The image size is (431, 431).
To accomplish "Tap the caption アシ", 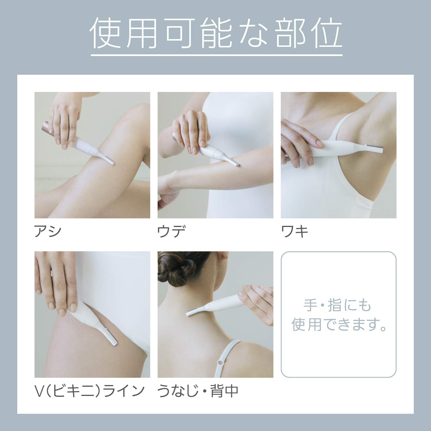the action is tap(48, 231).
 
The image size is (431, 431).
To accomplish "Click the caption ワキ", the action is tap(295, 231).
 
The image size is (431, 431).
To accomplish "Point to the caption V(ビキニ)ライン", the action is tap(89, 391).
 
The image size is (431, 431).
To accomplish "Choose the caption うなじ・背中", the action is tap(198, 391).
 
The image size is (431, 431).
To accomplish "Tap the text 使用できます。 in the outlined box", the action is tap(338, 325).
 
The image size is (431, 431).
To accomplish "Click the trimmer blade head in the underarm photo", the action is tap(374, 149).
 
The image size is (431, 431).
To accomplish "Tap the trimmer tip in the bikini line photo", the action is tap(112, 337).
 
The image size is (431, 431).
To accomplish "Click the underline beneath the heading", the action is tap(217, 54).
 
